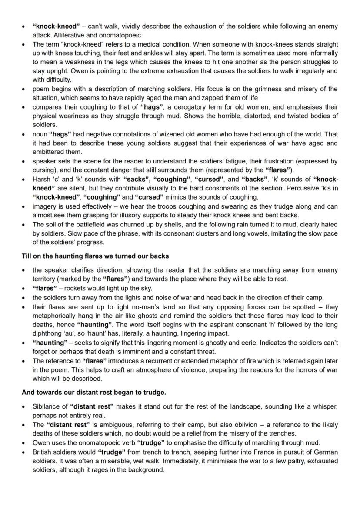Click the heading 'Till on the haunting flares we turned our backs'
point(95,256)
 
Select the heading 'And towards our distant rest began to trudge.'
point(94,392)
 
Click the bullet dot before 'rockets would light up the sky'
point(24,288)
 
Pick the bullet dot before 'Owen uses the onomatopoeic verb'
point(24,442)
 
